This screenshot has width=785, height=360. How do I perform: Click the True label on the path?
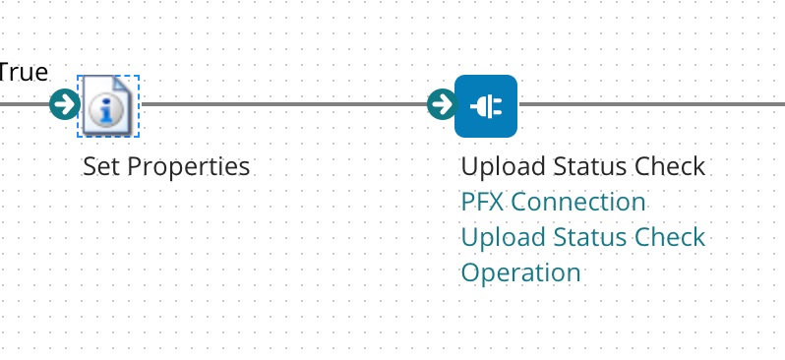24,71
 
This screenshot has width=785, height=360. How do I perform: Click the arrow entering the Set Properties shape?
65,103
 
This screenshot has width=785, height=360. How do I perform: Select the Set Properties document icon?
108,105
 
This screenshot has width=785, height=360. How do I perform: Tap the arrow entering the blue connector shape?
442,103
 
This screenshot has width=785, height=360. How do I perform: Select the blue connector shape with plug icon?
486,105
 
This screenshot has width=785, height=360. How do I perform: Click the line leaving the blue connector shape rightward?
649,103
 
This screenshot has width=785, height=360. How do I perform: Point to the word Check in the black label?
673,166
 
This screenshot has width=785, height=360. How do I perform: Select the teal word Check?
673,237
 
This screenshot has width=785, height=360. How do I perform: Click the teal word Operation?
520,272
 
